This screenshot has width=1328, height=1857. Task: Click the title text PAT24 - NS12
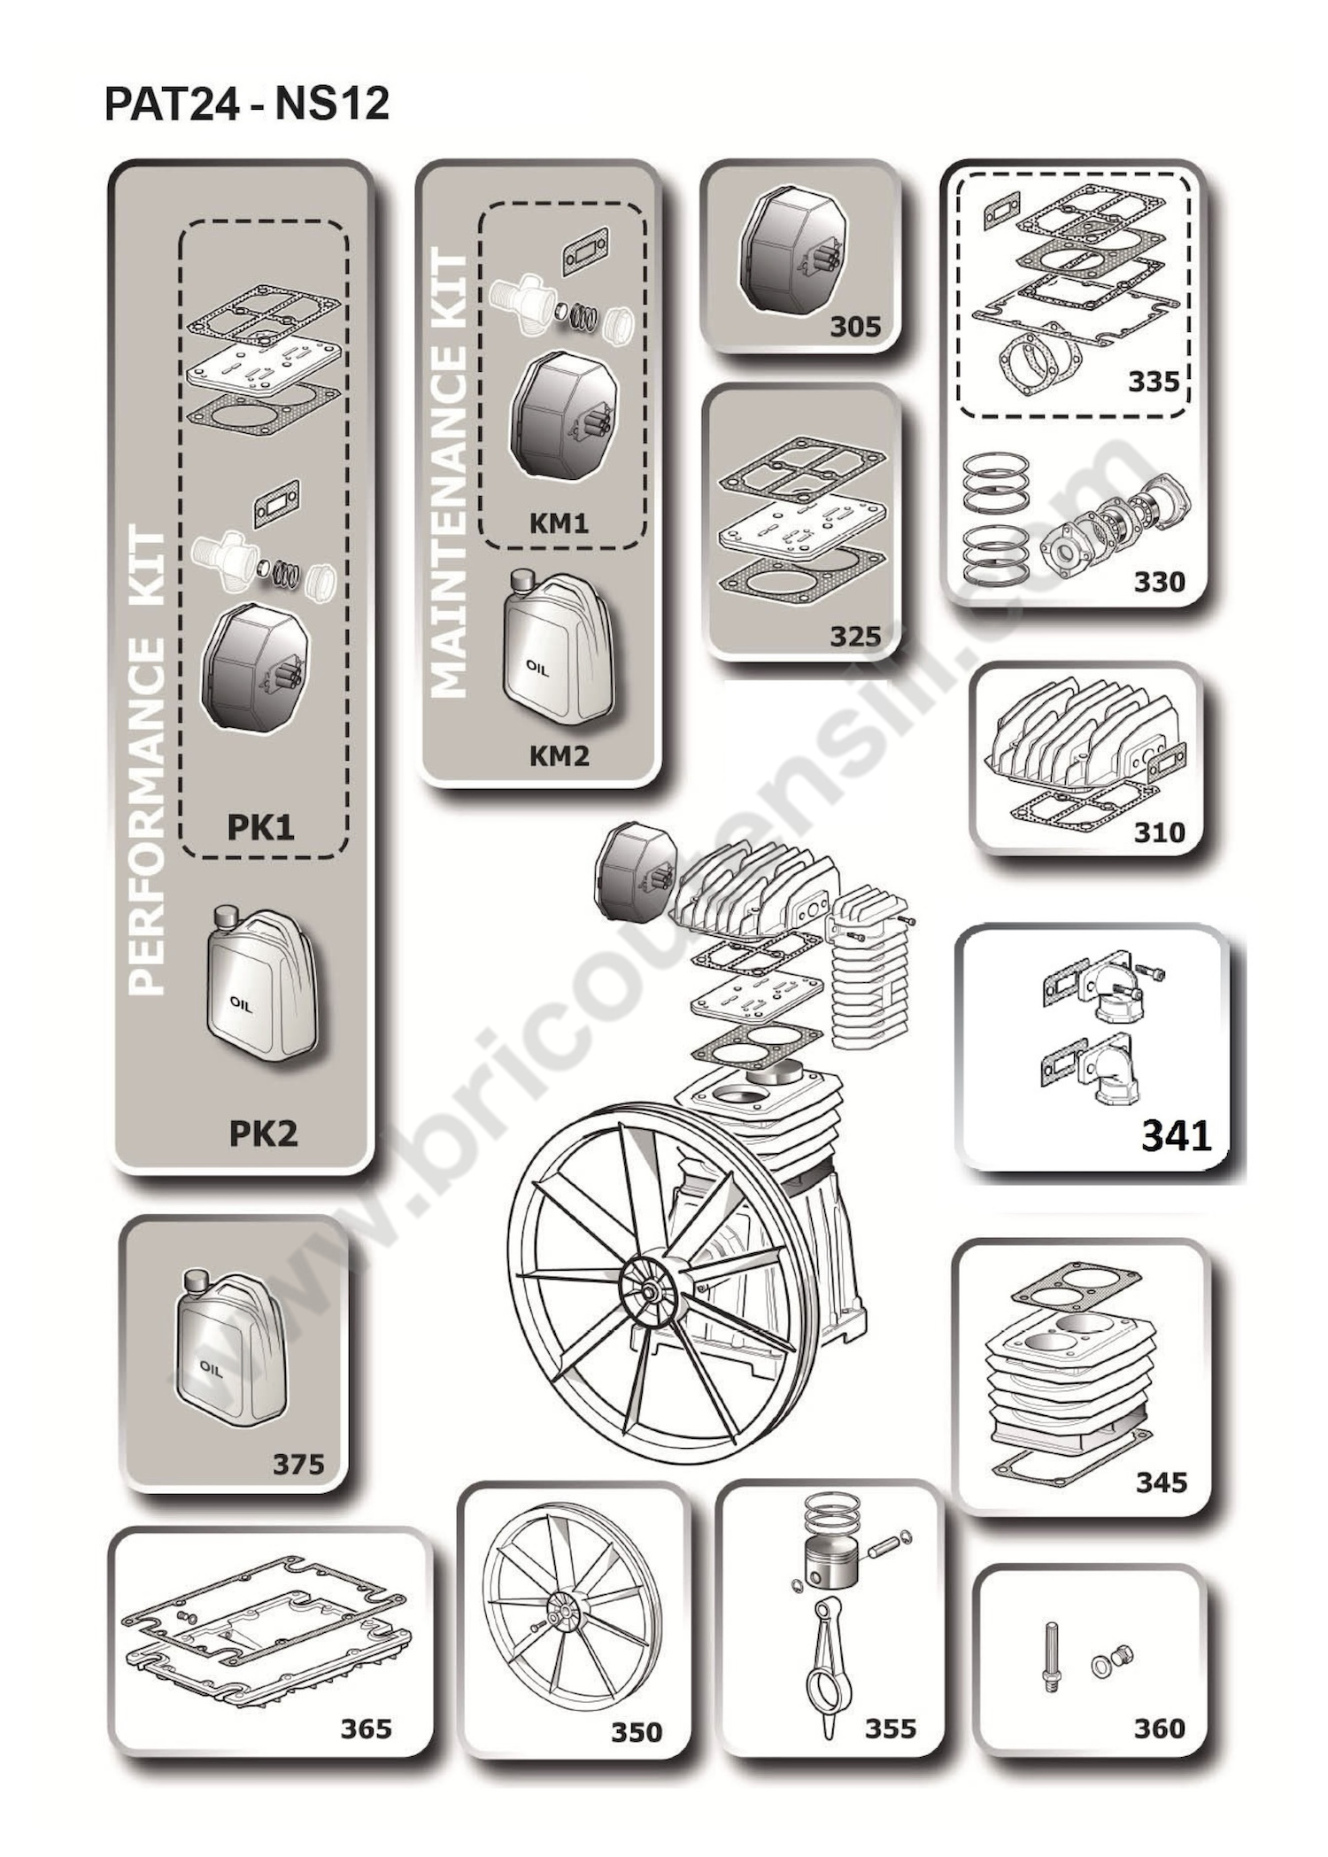click(247, 104)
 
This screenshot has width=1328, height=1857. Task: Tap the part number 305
click(855, 327)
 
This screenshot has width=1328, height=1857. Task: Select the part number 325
click(855, 636)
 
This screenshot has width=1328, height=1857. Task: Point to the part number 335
click(1154, 382)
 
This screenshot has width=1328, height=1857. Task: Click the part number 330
click(1159, 582)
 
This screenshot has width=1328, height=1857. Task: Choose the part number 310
click(1159, 832)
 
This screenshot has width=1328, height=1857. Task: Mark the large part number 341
click(1176, 1135)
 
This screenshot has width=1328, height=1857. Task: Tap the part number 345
click(1162, 1482)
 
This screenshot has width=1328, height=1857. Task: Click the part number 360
click(1159, 1728)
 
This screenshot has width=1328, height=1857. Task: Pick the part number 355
click(891, 1728)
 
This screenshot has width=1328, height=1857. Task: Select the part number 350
click(637, 1731)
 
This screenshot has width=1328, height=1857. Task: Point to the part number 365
click(366, 1728)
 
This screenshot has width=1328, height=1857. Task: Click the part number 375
click(298, 1464)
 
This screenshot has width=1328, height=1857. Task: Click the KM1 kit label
click(559, 522)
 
